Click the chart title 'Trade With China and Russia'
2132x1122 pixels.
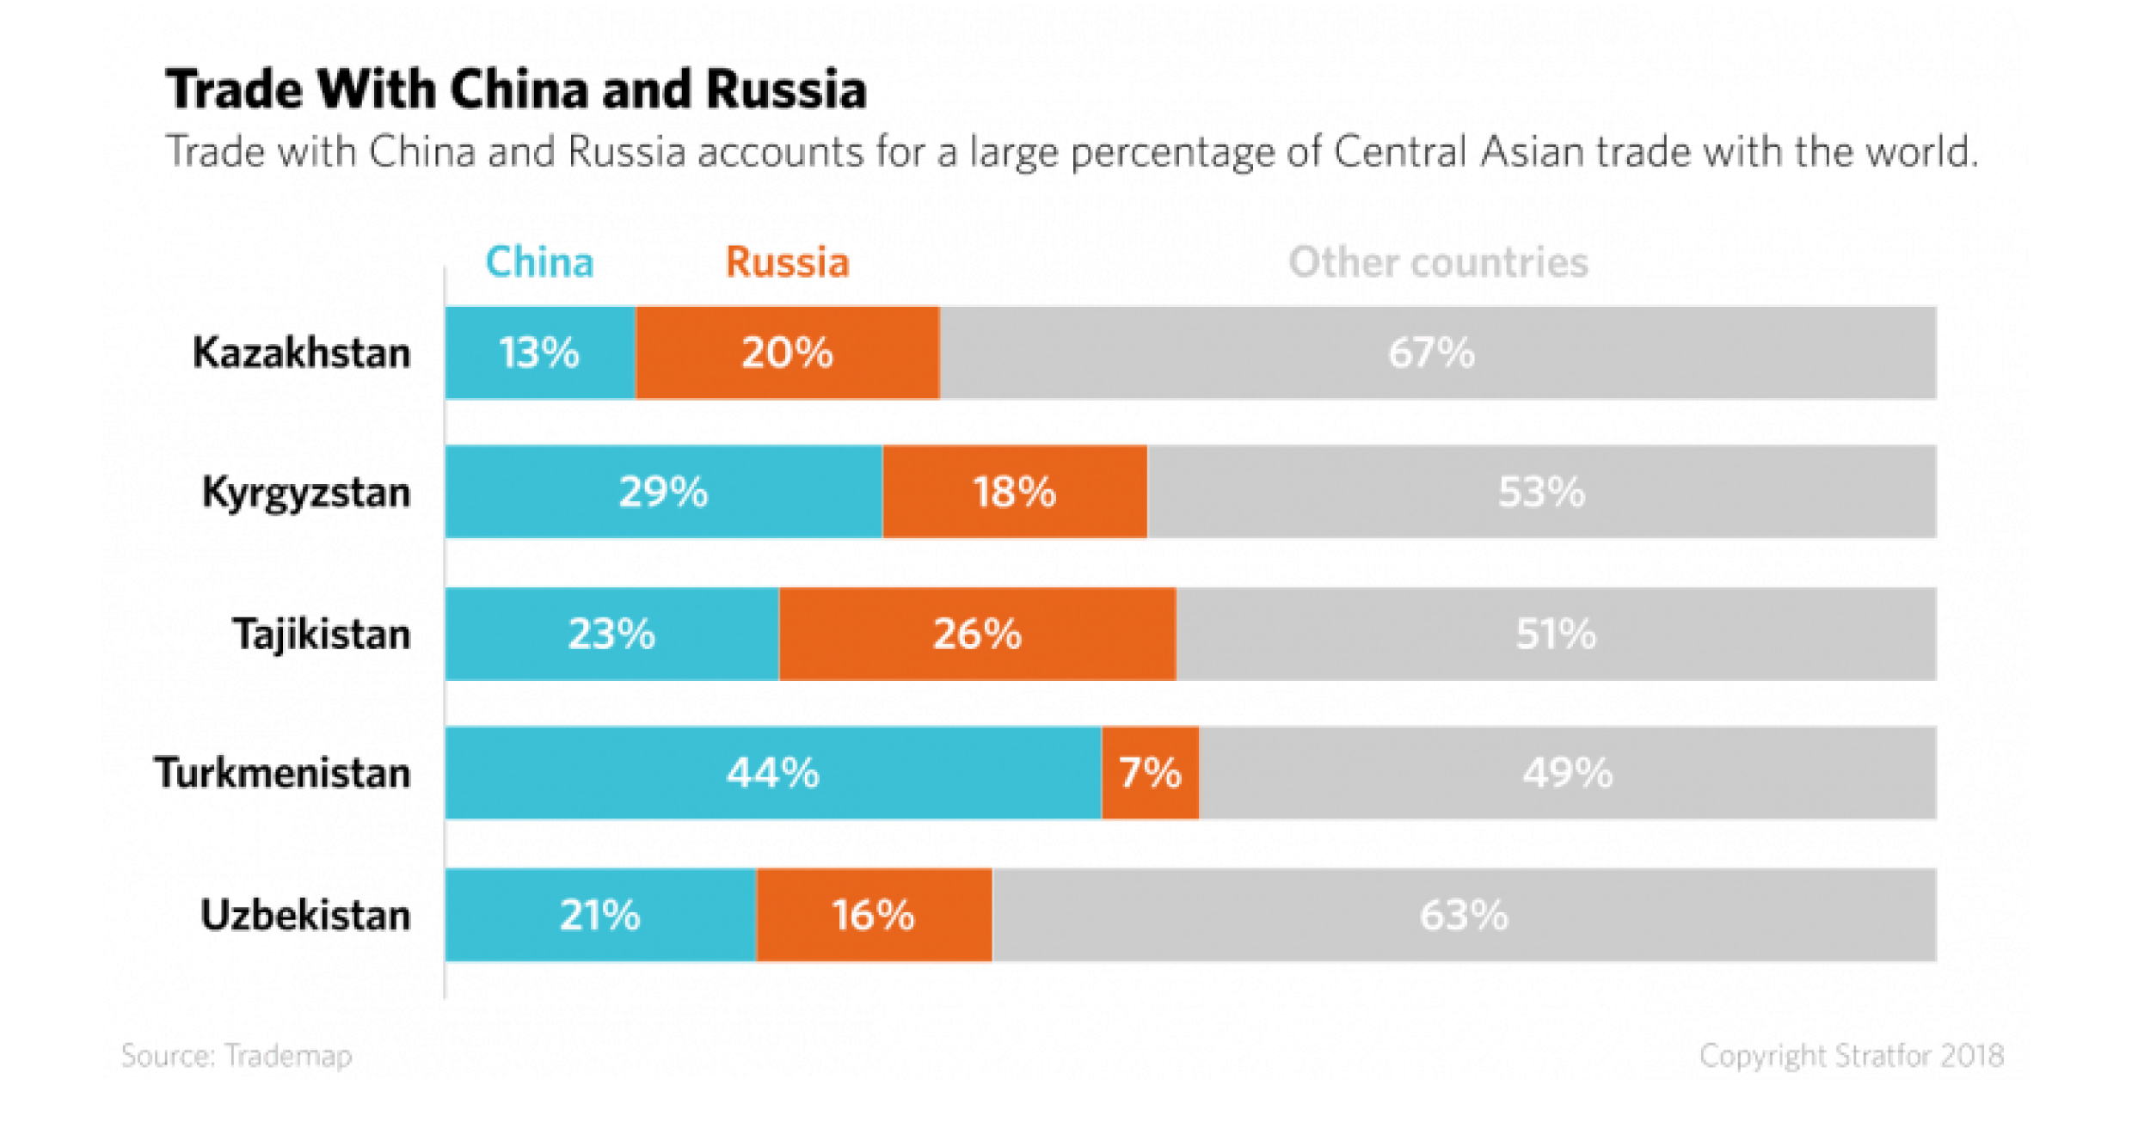click(x=516, y=89)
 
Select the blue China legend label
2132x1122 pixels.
click(x=539, y=262)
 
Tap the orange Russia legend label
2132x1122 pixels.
click(x=787, y=262)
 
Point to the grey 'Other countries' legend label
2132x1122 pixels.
click(x=1438, y=262)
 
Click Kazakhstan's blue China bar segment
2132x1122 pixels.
click(x=540, y=353)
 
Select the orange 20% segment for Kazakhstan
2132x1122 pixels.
click(x=787, y=353)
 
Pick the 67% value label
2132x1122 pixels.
click(x=1431, y=353)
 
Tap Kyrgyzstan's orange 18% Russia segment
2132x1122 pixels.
click(x=1015, y=492)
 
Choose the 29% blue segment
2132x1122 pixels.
click(x=664, y=492)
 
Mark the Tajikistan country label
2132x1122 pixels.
click(x=322, y=635)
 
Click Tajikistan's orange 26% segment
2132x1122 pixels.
click(x=977, y=635)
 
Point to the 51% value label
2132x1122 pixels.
click(x=1555, y=635)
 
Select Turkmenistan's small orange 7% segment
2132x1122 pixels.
click(x=1150, y=773)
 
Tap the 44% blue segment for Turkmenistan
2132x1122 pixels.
click(x=773, y=773)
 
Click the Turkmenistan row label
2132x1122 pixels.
click(x=282, y=773)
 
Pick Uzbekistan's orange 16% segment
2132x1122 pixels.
click(x=874, y=915)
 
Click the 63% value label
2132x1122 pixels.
click(x=1463, y=915)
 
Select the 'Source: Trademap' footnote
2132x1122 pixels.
click(x=237, y=1056)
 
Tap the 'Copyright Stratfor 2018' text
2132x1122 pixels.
click(x=1851, y=1056)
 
